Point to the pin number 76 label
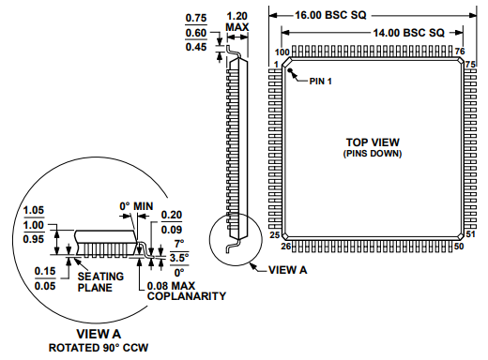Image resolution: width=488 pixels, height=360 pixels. tap(460, 52)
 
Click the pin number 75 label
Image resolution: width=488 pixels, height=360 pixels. tap(471, 63)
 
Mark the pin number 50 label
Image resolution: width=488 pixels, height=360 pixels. tap(459, 247)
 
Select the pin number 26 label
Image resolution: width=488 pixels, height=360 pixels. tap(285, 247)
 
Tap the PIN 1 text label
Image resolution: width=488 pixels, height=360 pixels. tap(321, 81)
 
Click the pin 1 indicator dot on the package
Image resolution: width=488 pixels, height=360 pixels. tap(291, 70)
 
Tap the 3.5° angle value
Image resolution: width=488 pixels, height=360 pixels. tap(178, 254)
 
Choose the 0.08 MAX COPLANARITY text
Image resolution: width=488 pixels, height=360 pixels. tap(187, 290)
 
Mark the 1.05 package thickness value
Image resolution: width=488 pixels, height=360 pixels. tap(34, 209)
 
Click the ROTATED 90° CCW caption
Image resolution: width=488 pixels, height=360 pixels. tap(98, 349)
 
